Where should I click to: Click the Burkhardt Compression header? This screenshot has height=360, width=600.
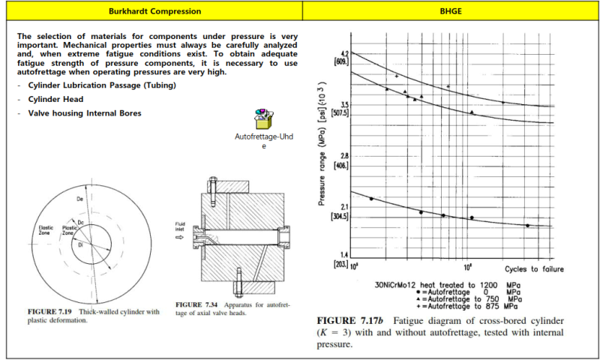[154, 11]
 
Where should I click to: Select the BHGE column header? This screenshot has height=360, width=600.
[451, 11]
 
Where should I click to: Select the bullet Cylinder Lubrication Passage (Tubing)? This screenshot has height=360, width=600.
[102, 85]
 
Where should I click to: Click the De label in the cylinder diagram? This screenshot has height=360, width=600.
[80, 199]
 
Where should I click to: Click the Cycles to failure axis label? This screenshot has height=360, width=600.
[533, 268]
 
